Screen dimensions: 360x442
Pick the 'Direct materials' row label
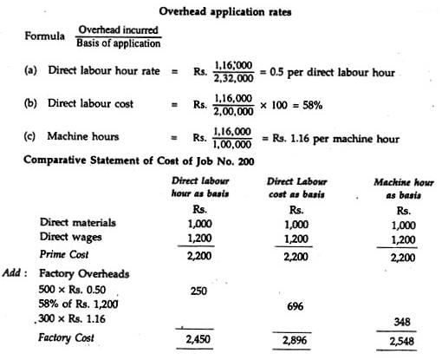click(x=79, y=223)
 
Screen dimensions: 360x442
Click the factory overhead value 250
click(x=201, y=291)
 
